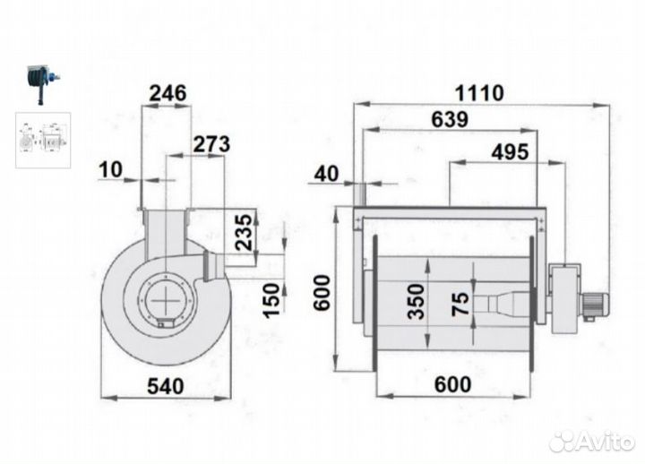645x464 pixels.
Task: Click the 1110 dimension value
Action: point(478,93)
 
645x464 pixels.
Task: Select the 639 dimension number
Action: point(450,120)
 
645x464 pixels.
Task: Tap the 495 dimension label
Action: point(510,152)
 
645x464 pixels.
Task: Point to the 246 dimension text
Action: point(168,93)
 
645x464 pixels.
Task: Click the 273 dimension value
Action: point(211,144)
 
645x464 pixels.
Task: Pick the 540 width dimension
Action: point(166,386)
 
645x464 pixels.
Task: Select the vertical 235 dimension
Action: point(244,232)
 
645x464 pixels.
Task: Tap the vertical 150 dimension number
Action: point(271,300)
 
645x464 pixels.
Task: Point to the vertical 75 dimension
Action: point(460,304)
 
